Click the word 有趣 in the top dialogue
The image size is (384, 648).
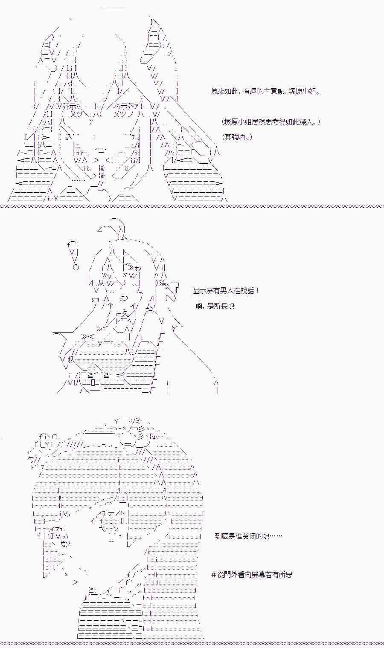(254, 91)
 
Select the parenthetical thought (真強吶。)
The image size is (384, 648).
(237, 137)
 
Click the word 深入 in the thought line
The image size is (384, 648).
(306, 122)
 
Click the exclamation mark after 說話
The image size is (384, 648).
(258, 291)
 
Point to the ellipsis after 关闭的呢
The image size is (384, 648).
(276, 536)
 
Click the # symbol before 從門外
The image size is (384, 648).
(214, 574)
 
